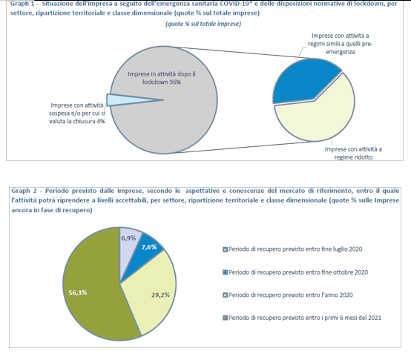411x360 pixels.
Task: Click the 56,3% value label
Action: (x=79, y=292)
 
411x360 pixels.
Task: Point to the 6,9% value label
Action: (x=129, y=238)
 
